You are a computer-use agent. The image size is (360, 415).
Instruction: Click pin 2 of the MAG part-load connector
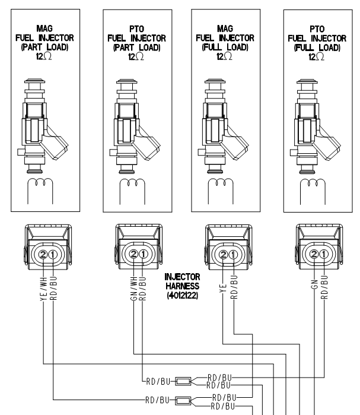click(43, 256)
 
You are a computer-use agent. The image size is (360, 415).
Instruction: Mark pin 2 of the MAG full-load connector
click(223, 256)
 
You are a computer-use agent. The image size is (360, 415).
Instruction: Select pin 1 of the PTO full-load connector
click(323, 256)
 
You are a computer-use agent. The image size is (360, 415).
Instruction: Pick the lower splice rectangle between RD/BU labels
click(184, 401)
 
